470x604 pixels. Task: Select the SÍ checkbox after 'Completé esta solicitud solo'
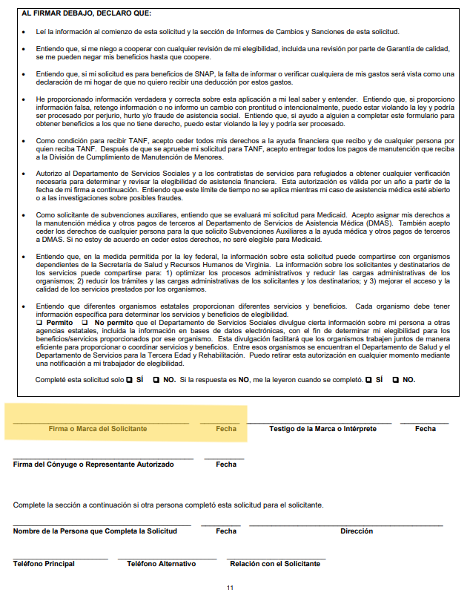[129, 379]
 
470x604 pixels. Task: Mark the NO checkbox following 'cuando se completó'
[395, 379]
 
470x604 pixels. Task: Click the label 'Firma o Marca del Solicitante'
[98, 429]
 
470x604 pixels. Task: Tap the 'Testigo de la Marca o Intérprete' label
[319, 429]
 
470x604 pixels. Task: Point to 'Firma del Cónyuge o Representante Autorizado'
[93, 465]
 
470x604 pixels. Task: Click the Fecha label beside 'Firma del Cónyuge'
[226, 465]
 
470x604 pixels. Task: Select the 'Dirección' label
[357, 531]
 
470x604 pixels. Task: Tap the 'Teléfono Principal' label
[44, 564]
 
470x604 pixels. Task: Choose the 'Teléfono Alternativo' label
[161, 564]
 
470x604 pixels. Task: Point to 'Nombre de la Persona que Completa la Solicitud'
[95, 531]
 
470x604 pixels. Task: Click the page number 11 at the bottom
[230, 588]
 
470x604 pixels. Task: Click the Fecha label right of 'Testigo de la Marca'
[425, 429]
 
